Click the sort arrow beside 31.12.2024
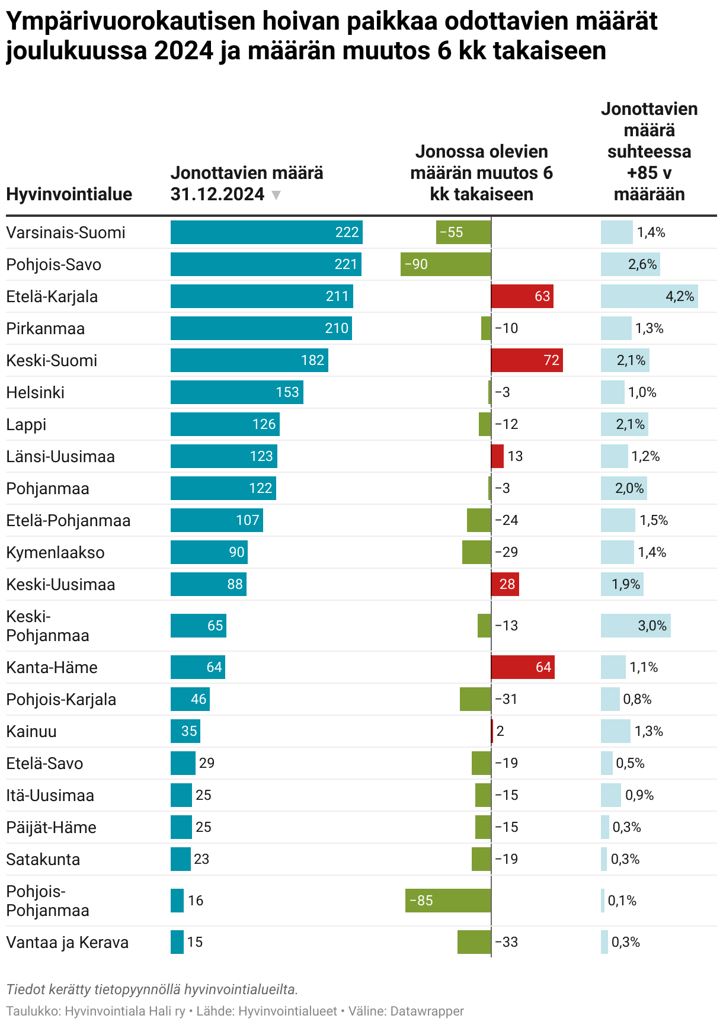pyautogui.click(x=276, y=195)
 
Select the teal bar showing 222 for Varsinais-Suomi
pyautogui.click(x=266, y=232)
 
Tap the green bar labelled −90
pyautogui.click(x=446, y=264)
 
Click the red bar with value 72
pyautogui.click(x=527, y=360)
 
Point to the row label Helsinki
pyautogui.click(x=36, y=392)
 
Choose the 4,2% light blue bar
pyautogui.click(x=649, y=296)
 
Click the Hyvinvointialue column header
pyautogui.click(x=69, y=194)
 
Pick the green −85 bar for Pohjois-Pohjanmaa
pyautogui.click(x=448, y=901)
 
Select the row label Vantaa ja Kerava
pyautogui.click(x=68, y=942)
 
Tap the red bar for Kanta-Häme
pyautogui.click(x=523, y=667)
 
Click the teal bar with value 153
pyautogui.click(x=236, y=392)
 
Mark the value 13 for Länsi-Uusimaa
pyautogui.click(x=515, y=456)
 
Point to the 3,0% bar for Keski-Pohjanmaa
pyautogui.click(x=635, y=626)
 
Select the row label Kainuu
pyautogui.click(x=31, y=731)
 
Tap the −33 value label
pyautogui.click(x=507, y=942)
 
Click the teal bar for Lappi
pyautogui.click(x=225, y=424)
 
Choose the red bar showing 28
pyautogui.click(x=505, y=584)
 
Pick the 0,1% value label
pyautogui.click(x=622, y=901)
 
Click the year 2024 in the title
pyautogui.click(x=184, y=51)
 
